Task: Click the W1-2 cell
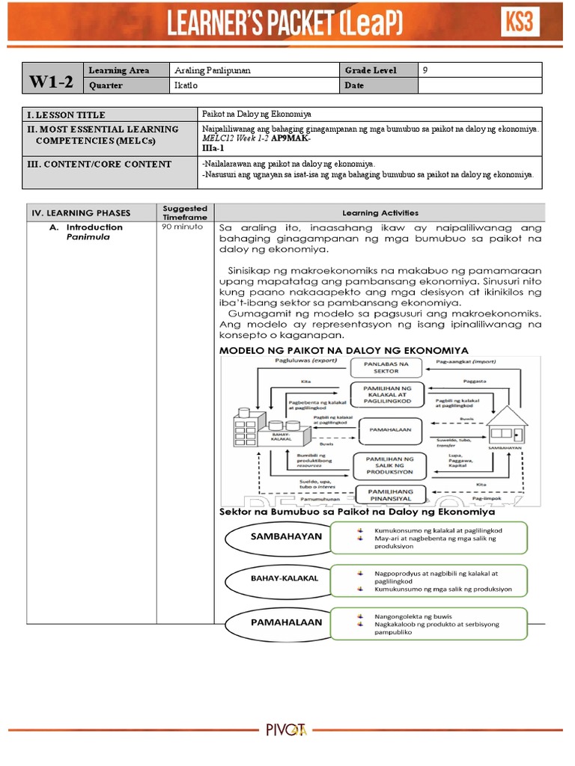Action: (x=52, y=82)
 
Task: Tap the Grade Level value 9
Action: (x=425, y=70)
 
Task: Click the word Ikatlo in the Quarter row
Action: (x=184, y=85)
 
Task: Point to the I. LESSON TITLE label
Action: (x=68, y=114)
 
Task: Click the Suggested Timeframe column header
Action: (x=185, y=212)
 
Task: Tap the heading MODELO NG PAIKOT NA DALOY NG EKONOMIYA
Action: (x=344, y=350)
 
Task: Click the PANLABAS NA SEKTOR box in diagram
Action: (x=387, y=367)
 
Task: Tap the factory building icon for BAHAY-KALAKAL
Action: (x=259, y=426)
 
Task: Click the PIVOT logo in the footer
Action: (x=287, y=729)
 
